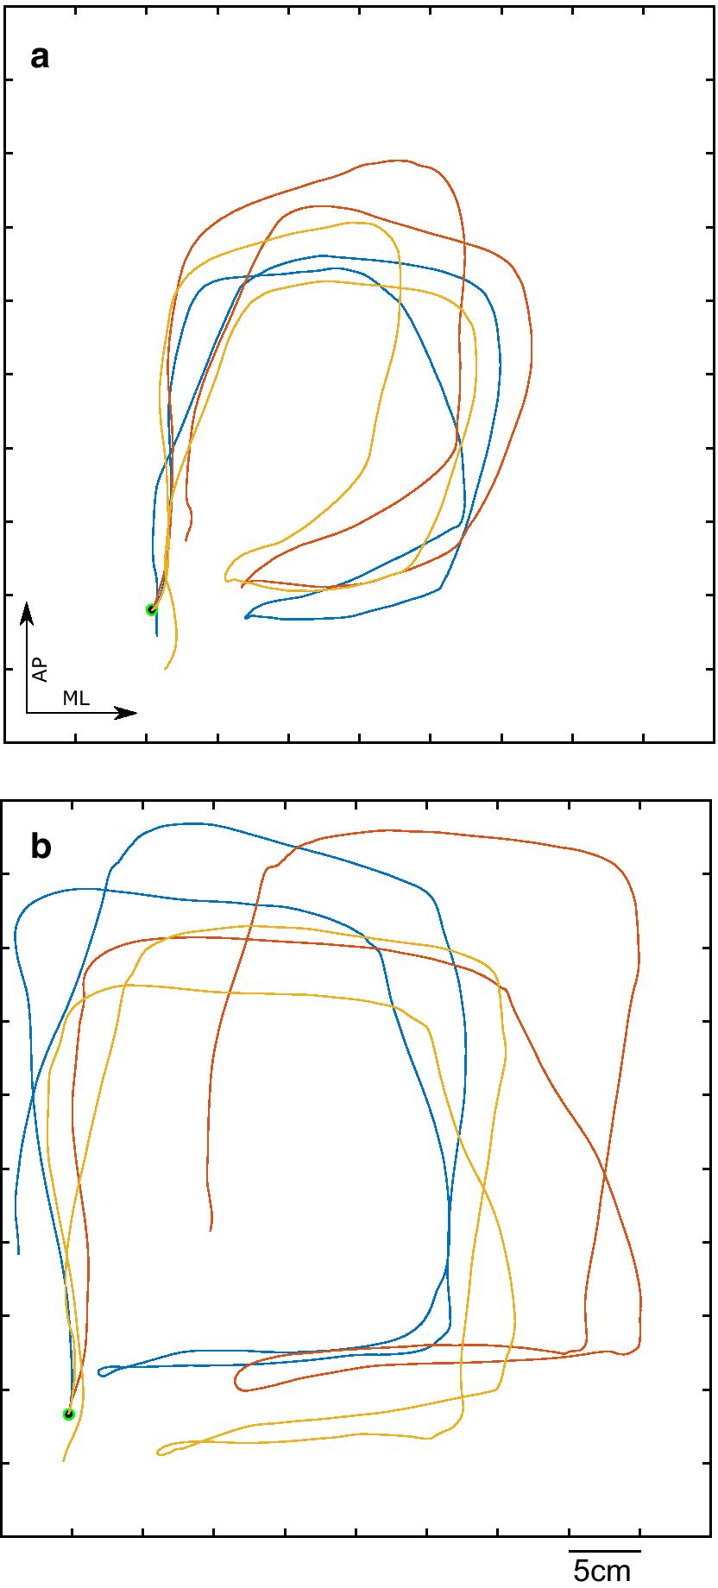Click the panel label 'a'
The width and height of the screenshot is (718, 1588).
pyautogui.click(x=40, y=59)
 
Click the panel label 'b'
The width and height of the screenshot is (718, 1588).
pyautogui.click(x=41, y=848)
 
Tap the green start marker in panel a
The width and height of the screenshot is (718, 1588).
pyautogui.click(x=152, y=609)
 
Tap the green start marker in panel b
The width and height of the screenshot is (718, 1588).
pyautogui.click(x=69, y=1414)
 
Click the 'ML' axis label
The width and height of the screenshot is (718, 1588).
pyautogui.click(x=76, y=698)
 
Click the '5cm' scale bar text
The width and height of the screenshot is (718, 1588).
pyautogui.click(x=602, y=1572)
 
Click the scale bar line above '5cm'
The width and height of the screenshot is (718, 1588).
pyautogui.click(x=603, y=1551)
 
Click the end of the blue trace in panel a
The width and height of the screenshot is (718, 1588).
pyautogui.click(x=246, y=617)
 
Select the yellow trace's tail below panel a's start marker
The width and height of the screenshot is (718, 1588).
pyautogui.click(x=165, y=669)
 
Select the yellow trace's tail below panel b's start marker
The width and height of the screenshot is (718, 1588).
pyautogui.click(x=63, y=1460)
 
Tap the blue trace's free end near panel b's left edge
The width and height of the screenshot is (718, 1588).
pyautogui.click(x=19, y=1253)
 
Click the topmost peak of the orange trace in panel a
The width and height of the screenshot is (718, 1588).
pyautogui.click(x=399, y=161)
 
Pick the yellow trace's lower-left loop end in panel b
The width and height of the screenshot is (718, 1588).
pyautogui.click(x=158, y=1453)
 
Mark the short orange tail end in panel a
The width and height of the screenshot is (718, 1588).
pyautogui.click(x=186, y=540)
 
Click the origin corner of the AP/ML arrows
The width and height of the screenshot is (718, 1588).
pyautogui.click(x=27, y=713)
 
